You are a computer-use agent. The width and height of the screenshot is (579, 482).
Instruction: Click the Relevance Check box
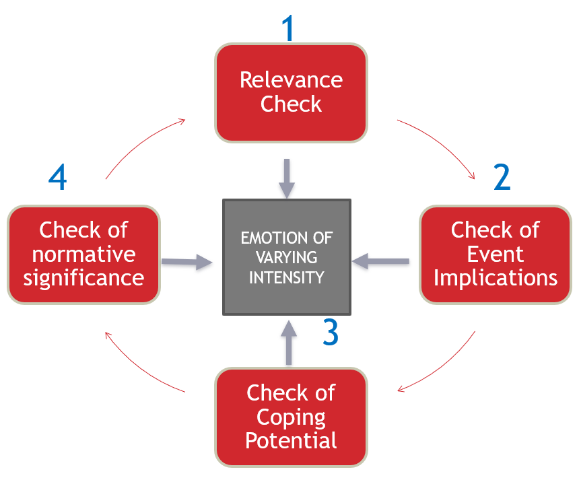click(x=291, y=93)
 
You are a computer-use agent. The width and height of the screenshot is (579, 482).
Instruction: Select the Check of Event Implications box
click(x=496, y=254)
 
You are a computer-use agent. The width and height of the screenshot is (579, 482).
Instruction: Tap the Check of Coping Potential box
click(x=291, y=417)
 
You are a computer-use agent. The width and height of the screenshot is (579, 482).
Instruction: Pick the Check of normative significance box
click(x=83, y=254)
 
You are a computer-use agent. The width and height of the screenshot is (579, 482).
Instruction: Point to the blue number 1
click(x=288, y=28)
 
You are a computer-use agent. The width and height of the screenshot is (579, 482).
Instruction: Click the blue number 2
click(x=502, y=177)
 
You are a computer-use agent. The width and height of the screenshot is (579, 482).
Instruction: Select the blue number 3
click(x=330, y=332)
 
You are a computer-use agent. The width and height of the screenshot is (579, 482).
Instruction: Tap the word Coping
click(x=291, y=417)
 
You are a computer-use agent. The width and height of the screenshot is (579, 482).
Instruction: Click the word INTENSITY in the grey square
click(x=287, y=277)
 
